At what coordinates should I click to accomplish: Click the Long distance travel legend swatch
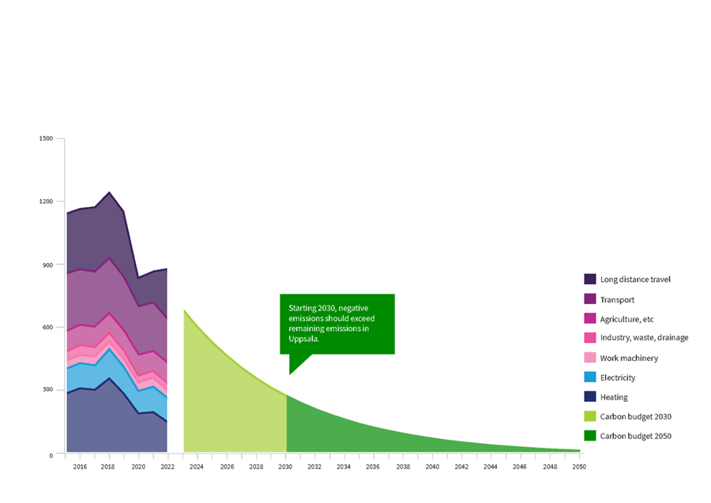590,280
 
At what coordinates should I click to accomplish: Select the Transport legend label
617,300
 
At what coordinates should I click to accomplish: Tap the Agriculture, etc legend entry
626,319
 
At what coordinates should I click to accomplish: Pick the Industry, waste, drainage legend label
644,338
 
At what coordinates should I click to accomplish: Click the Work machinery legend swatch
590,358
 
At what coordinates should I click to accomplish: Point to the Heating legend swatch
590,397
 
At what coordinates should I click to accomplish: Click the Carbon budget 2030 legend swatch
590,416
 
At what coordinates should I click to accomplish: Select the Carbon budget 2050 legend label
635,436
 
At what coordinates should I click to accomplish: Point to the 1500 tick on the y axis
46,139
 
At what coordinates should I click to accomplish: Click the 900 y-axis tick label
48,265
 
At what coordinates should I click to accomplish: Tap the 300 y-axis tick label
48,390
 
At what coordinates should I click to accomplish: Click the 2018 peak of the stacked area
109,193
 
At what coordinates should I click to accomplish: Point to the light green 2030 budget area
229,403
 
